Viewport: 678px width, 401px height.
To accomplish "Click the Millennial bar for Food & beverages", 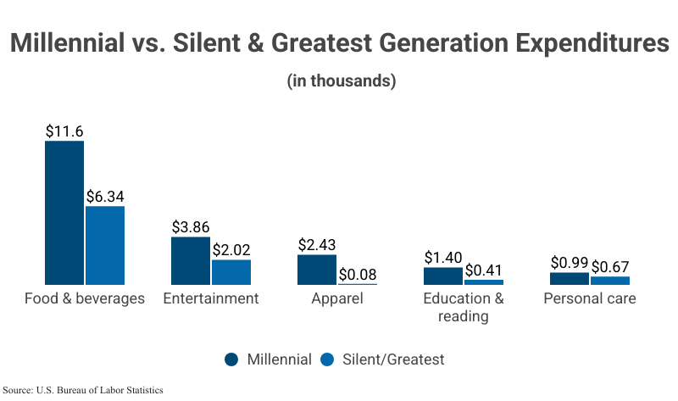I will [x=64, y=213].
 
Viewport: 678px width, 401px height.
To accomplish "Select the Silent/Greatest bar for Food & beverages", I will [x=105, y=245].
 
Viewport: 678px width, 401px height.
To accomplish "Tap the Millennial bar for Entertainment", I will [x=191, y=260].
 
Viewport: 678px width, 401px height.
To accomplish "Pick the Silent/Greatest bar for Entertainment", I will [x=231, y=272].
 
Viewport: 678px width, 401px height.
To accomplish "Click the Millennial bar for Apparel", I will [x=317, y=270].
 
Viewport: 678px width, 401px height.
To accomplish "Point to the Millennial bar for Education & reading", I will [x=443, y=276].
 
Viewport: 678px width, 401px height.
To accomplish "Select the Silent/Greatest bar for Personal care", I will [x=610, y=280].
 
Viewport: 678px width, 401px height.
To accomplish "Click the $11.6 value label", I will [x=64, y=131].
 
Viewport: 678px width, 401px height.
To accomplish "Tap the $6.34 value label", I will [x=105, y=196].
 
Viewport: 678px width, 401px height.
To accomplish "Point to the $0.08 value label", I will [x=358, y=274].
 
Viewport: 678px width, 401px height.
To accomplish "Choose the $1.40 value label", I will [x=443, y=257].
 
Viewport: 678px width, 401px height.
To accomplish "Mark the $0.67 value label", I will [x=610, y=266].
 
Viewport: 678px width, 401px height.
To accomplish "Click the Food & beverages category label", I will [x=85, y=298].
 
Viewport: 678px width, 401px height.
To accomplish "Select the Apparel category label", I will [x=337, y=298].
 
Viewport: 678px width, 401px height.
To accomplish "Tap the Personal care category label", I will [x=590, y=298].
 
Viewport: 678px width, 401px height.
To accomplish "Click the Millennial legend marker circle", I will [x=231, y=359].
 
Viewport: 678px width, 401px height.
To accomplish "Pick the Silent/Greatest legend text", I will [x=393, y=359].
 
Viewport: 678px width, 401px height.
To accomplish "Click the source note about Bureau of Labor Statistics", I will [x=83, y=390].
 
